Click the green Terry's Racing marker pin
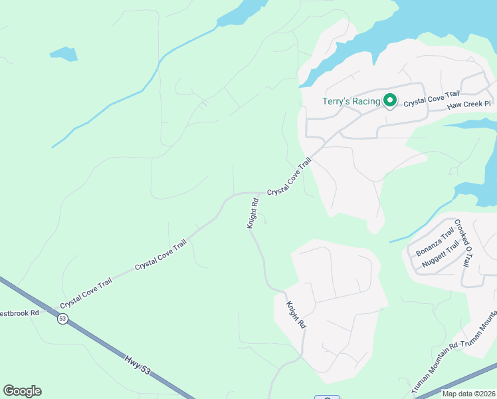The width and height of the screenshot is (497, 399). point(389,101)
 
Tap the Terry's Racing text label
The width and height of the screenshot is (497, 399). point(351,101)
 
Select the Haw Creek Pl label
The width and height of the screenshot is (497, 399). point(468,105)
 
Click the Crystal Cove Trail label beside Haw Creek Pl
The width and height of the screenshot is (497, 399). point(432,99)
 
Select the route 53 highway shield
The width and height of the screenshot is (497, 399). point(62,319)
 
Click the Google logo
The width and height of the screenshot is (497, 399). point(22,391)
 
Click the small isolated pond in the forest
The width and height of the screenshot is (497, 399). point(64,53)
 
